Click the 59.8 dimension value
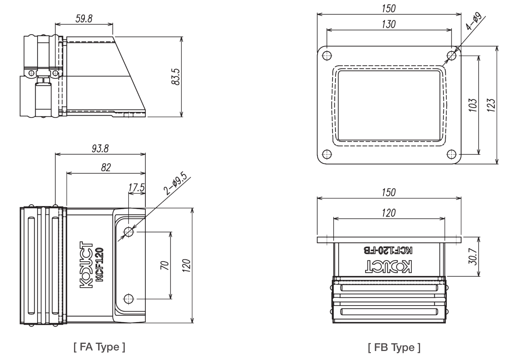coord(84,18)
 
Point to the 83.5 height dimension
coord(176,77)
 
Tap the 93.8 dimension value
coord(100,149)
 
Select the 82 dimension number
coord(106,167)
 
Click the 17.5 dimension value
coord(136,188)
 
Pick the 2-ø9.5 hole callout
coord(175,183)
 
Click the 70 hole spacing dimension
coord(165,265)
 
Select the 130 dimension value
coord(389,24)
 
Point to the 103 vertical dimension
coord(473,105)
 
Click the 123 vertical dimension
coord(491,105)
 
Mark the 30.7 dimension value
coord(473,256)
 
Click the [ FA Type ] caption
coord(99,347)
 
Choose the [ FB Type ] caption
coord(394,348)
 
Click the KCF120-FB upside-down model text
coord(388,250)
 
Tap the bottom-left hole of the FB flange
coord(327,154)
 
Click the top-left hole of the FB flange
coord(327,56)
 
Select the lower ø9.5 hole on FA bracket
coord(128,299)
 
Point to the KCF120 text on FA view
coord(99,265)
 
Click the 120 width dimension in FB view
coord(389,213)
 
